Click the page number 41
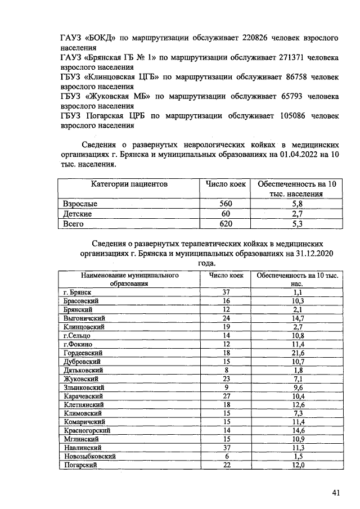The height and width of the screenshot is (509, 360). (336, 493)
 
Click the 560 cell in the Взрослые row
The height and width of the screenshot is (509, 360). (225, 204)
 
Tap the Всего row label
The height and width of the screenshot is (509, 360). (74, 224)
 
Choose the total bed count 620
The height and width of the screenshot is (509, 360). (225, 224)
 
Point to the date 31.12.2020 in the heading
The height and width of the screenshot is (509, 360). (310, 254)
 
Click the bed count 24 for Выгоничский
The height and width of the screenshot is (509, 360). (226, 318)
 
